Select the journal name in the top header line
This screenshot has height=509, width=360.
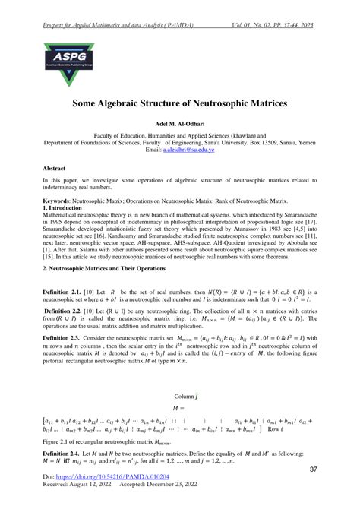(x=113, y=6)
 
